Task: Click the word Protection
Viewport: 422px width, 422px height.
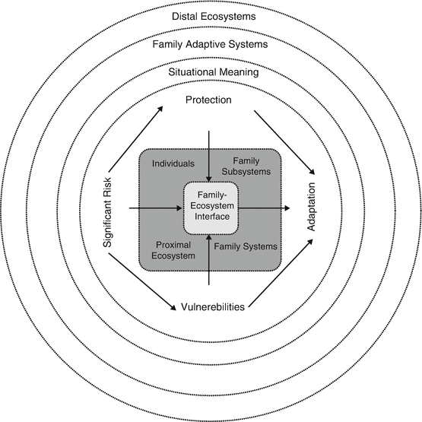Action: pyautogui.click(x=208, y=100)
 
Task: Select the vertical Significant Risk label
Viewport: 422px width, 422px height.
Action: pyautogui.click(x=107, y=206)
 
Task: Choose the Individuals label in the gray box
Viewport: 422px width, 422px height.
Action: pyautogui.click(x=173, y=163)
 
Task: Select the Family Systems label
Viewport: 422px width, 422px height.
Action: pyautogui.click(x=245, y=246)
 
